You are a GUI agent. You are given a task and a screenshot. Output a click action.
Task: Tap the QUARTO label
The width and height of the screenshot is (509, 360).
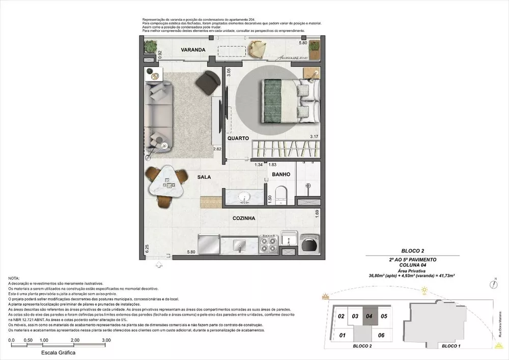pos(238,138)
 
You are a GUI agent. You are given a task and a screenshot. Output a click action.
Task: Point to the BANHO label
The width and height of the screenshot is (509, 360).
pos(281,174)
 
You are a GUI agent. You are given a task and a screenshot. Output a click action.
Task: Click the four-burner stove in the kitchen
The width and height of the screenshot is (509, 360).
pos(268,245)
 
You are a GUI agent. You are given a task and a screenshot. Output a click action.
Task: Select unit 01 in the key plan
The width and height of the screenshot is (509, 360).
pos(342,335)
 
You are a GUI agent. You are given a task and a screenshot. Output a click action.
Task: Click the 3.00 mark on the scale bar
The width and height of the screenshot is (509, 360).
pos(106,340)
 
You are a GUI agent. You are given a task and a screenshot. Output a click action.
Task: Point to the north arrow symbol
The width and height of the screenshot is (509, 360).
pos(494,280)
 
